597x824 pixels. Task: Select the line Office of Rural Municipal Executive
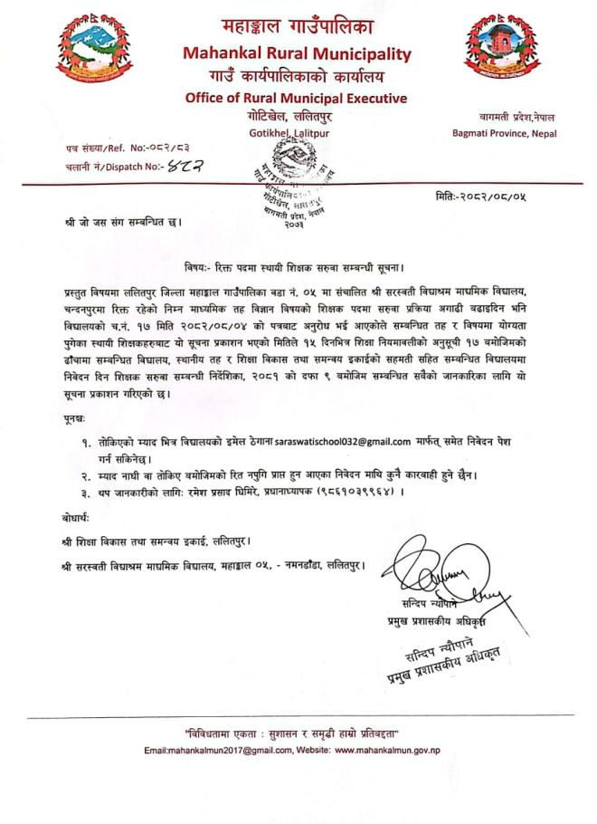(x=296, y=98)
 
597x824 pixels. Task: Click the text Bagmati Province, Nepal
(x=505, y=133)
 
